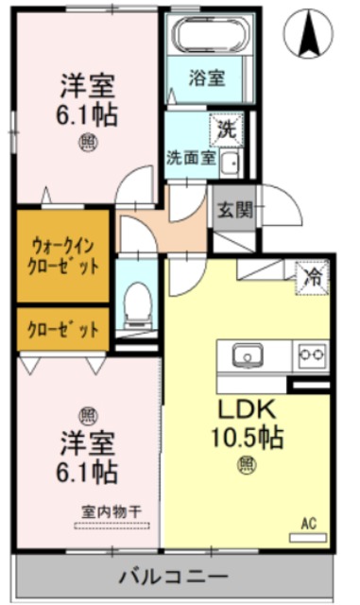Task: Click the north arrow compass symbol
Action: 308,34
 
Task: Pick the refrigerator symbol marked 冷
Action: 311,276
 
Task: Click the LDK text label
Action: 247,410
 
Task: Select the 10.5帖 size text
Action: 248,438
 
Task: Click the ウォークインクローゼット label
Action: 63,256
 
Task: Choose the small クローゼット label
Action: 63,330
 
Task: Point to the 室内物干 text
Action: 111,511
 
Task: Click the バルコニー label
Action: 173,576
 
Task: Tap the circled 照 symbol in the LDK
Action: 247,464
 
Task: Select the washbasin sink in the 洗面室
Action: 230,164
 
